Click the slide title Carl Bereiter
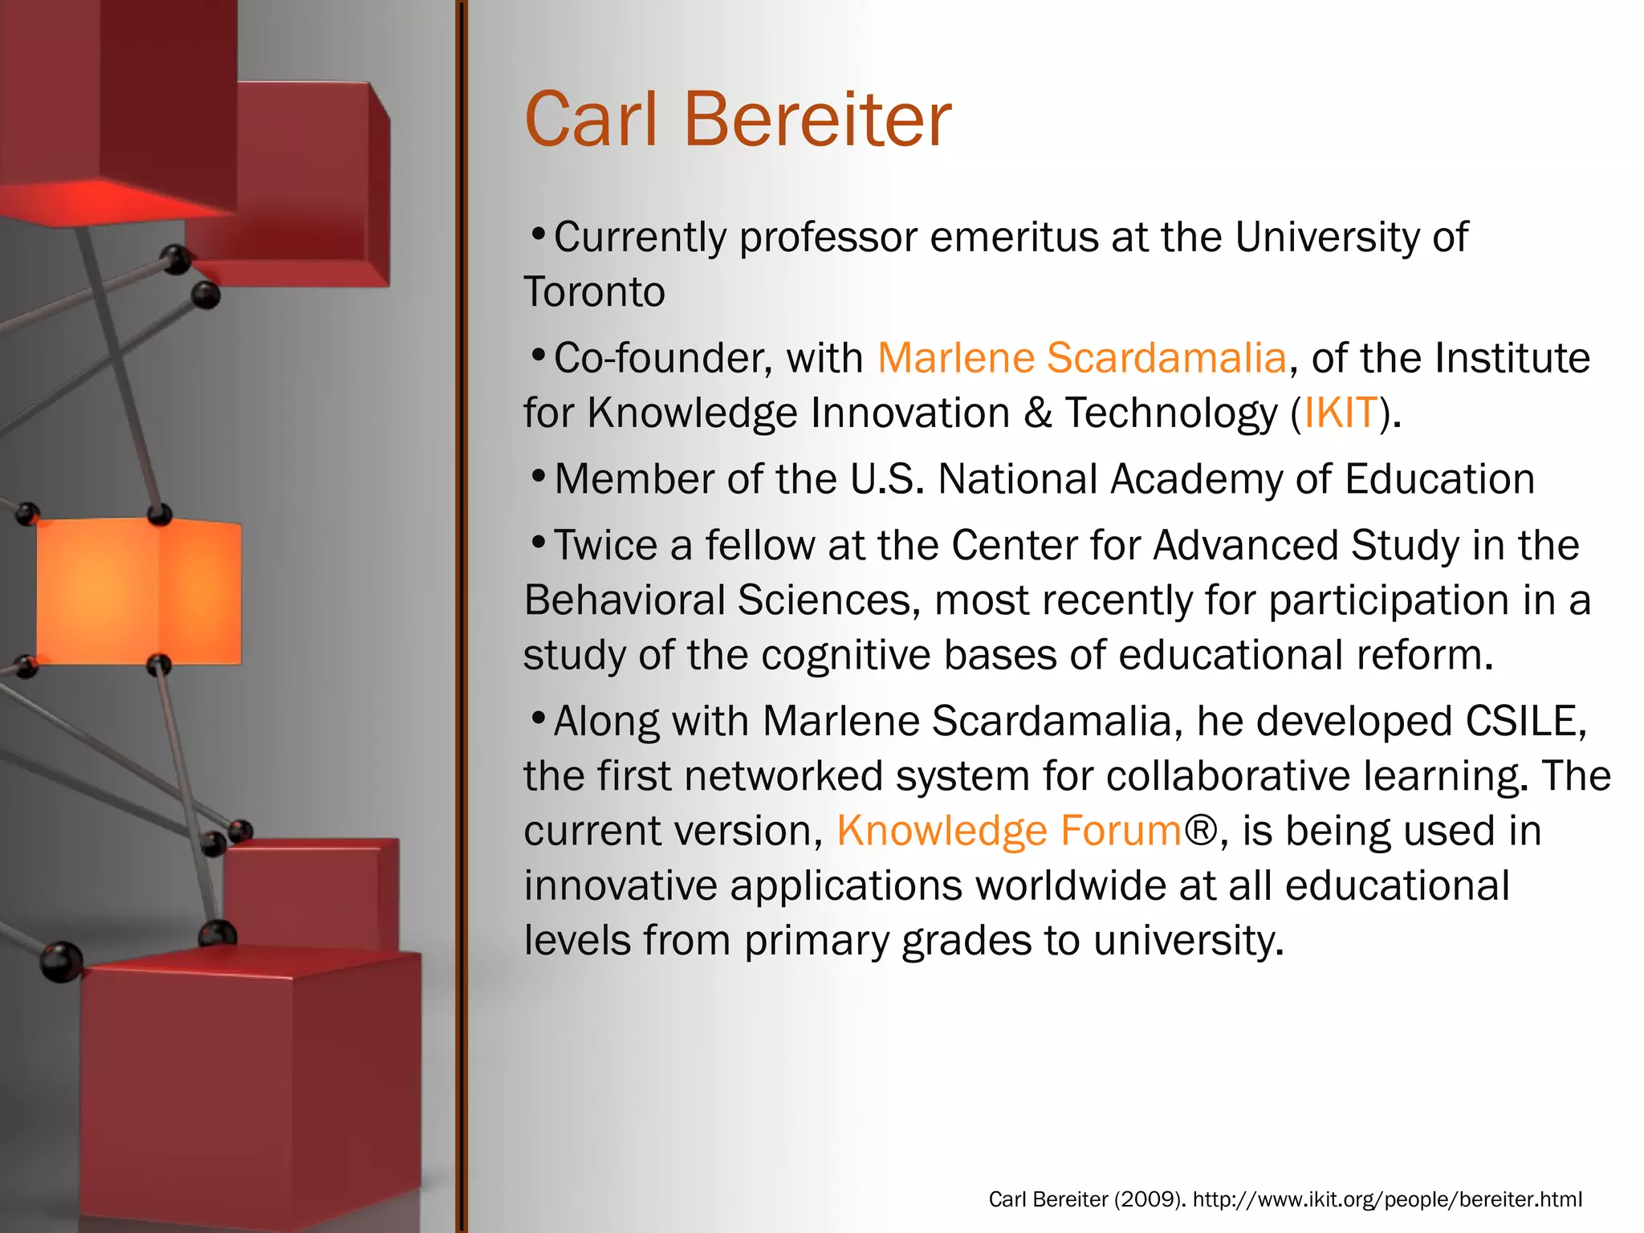tap(737, 120)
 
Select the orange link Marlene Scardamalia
tap(1081, 358)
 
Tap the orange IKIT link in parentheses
tap(1340, 413)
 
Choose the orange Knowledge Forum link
tap(1009, 831)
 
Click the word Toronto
tap(594, 292)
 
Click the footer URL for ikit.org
tap(1387, 1199)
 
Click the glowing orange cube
tap(138, 592)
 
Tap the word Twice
tap(605, 546)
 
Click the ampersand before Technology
tap(1037, 413)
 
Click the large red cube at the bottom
tap(249, 1084)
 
